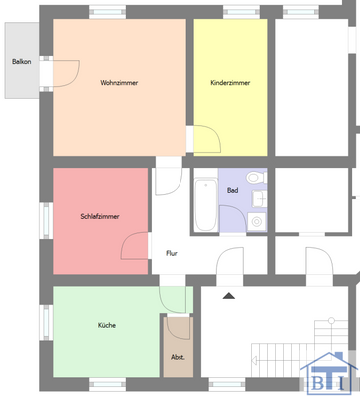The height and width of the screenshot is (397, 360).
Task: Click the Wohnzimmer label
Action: click(119, 82)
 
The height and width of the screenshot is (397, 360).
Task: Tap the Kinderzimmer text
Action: click(229, 82)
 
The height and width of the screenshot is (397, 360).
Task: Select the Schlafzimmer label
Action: click(100, 217)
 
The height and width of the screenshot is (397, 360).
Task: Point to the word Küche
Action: click(106, 325)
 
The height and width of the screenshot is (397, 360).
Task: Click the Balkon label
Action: click(21, 62)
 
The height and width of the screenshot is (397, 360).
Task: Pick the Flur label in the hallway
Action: click(171, 253)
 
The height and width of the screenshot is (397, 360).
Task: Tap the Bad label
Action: click(232, 189)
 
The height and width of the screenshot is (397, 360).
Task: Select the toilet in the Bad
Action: click(256, 179)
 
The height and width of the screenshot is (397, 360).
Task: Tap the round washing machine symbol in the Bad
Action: click(256, 220)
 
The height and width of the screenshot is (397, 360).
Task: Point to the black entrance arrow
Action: click(229, 295)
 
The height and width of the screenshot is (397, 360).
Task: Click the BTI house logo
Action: click(327, 371)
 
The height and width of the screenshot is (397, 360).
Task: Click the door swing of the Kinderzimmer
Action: click(202, 141)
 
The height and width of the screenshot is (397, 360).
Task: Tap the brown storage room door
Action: click(179, 328)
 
